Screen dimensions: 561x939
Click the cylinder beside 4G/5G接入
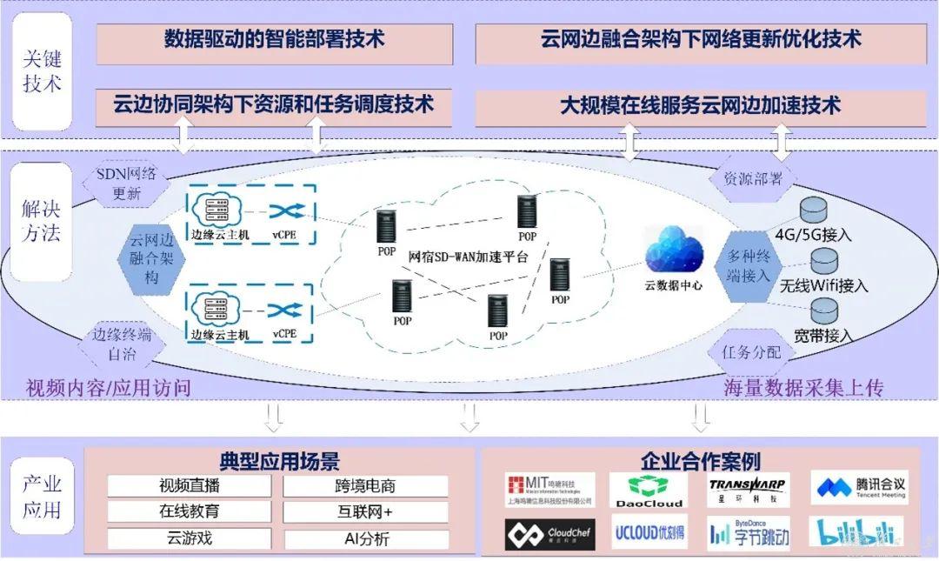(x=815, y=210)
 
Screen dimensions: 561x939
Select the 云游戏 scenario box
(x=189, y=538)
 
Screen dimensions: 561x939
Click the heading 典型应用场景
(x=279, y=461)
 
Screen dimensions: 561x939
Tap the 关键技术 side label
(x=42, y=72)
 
